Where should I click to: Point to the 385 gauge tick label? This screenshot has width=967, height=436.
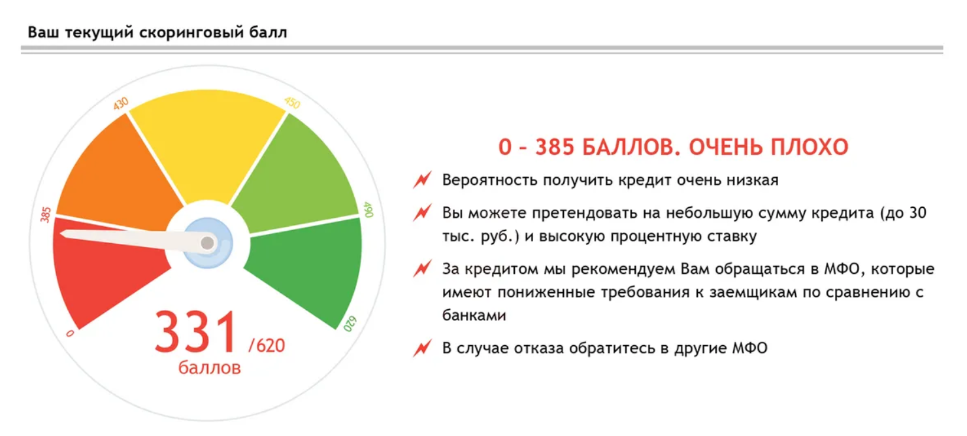pyautogui.click(x=45, y=214)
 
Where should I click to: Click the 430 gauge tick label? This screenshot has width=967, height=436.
pyautogui.click(x=121, y=103)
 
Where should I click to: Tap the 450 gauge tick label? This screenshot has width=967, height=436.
pyautogui.click(x=292, y=103)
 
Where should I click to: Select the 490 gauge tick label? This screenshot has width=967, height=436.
pyautogui.click(x=368, y=209)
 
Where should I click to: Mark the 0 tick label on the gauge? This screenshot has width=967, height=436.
pyautogui.click(x=70, y=333)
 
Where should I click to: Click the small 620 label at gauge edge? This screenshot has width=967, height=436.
pyautogui.click(x=350, y=324)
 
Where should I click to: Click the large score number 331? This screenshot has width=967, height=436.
pyautogui.click(x=196, y=331)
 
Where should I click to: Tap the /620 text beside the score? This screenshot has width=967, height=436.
pyautogui.click(x=267, y=345)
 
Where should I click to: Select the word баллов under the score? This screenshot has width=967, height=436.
pyautogui.click(x=209, y=368)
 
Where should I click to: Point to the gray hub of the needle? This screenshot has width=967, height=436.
pyautogui.click(x=208, y=243)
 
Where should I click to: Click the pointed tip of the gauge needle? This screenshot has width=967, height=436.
pyautogui.click(x=61, y=233)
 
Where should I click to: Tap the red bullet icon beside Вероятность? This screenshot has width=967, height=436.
pyautogui.click(x=422, y=180)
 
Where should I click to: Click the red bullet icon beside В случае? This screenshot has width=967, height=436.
pyautogui.click(x=422, y=348)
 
